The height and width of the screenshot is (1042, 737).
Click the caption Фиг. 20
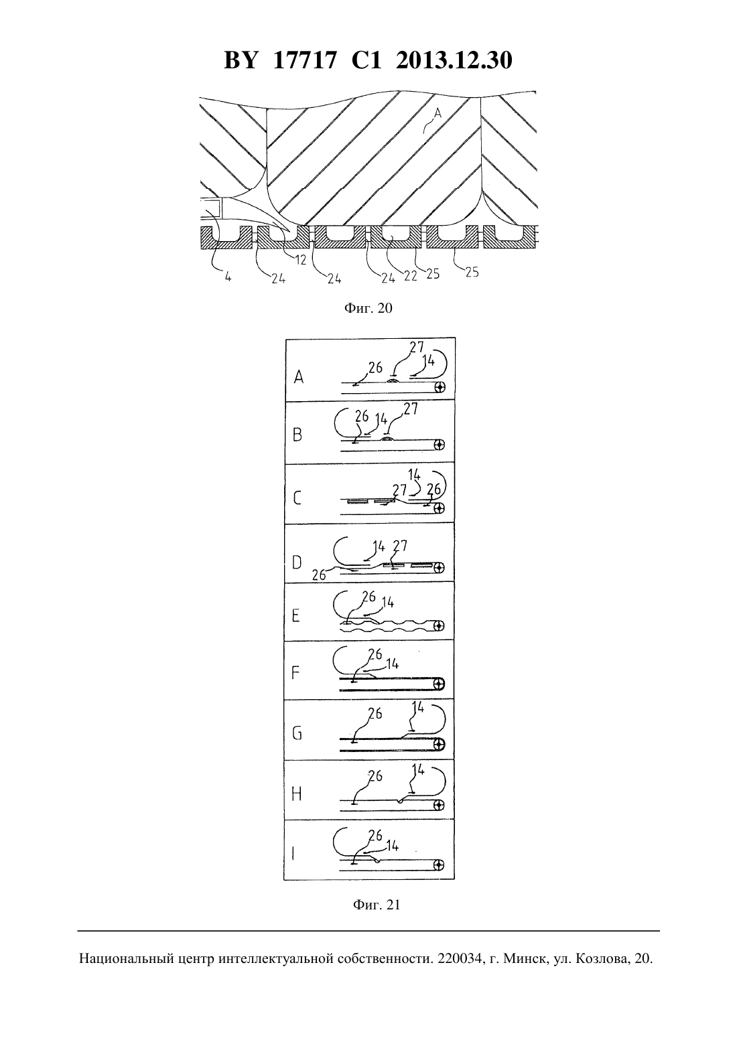pos(368,308)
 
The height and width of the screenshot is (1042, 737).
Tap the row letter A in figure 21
pos(299,376)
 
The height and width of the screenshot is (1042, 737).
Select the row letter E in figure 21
pos(296,615)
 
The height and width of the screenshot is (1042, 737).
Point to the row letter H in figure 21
pos(297,794)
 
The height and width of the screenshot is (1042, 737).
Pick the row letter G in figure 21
pos(297,733)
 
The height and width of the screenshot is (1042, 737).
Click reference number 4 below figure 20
pos(228,277)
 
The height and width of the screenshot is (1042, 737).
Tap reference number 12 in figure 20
pos(301,260)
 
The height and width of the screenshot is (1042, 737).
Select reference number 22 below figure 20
pos(410,276)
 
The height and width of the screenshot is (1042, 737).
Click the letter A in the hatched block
pos(437,112)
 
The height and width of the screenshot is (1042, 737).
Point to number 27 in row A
pos(417,347)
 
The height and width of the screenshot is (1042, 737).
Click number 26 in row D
pos(319,575)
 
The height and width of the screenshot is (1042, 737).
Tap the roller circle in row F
pos(439,684)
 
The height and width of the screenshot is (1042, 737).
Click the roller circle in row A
pos(439,386)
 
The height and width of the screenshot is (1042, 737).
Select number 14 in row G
pos(418,708)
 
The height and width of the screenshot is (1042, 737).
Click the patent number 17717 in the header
pos(304,60)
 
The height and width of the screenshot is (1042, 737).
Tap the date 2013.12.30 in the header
pos(454,60)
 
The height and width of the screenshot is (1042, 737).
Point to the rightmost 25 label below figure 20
pos(472,272)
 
